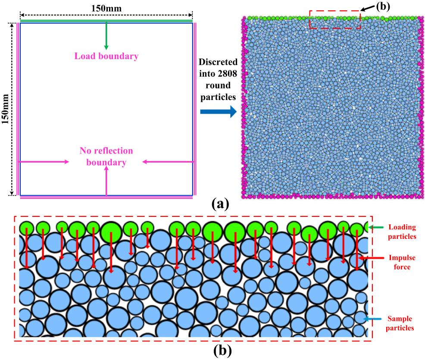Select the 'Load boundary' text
[x=106, y=56]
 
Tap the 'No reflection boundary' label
[x=106, y=157]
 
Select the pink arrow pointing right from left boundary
[x=44, y=162]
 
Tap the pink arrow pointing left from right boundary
[x=168, y=162]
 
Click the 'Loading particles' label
[x=402, y=232]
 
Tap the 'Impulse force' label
[x=402, y=262]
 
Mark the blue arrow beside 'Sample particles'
[x=373, y=319]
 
